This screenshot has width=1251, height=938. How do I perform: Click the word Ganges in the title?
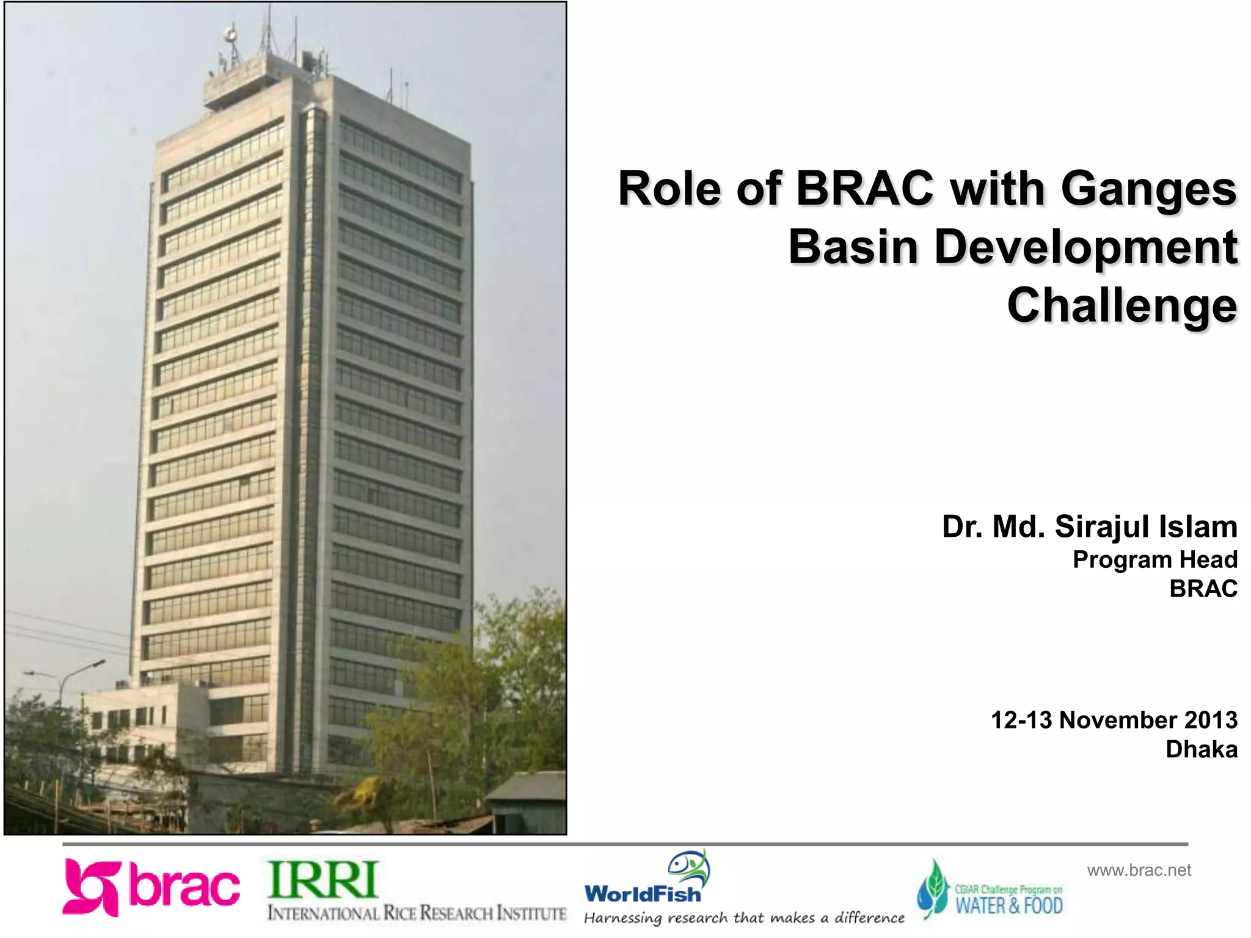tap(1148, 189)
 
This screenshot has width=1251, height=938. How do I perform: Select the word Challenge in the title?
tap(1122, 305)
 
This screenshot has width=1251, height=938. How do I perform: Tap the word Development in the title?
tap(1085, 247)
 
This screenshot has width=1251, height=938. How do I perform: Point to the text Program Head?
tap(1154, 559)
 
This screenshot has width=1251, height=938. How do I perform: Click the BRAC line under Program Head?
tap(1203, 589)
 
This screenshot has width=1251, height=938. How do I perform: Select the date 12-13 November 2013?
tap(1114, 720)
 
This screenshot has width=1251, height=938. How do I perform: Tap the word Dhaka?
tap(1201, 749)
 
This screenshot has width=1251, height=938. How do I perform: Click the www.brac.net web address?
tap(1139, 870)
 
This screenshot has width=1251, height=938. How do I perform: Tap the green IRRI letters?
tap(323, 879)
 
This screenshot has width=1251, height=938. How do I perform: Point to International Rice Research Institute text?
tap(417, 913)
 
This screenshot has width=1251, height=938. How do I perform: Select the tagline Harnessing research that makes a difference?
tap(743, 918)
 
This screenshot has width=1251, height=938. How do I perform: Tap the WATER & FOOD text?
tap(1008, 905)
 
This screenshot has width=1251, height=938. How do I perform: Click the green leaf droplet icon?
tap(933, 890)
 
